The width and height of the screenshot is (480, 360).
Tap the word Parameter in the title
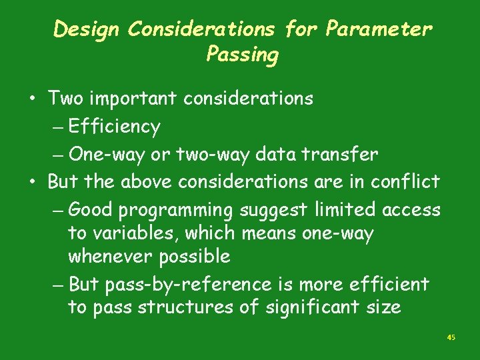click(379, 29)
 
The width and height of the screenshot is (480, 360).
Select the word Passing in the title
click(242, 54)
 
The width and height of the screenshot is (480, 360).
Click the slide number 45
click(451, 338)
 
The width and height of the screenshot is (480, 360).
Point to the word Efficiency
click(114, 127)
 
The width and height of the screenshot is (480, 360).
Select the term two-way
click(208, 155)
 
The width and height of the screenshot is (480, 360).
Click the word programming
click(175, 211)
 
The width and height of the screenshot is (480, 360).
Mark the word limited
click(341, 209)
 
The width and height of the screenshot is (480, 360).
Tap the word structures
click(173, 307)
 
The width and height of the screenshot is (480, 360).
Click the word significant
click(303, 308)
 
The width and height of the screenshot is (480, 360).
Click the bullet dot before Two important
click(31, 99)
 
